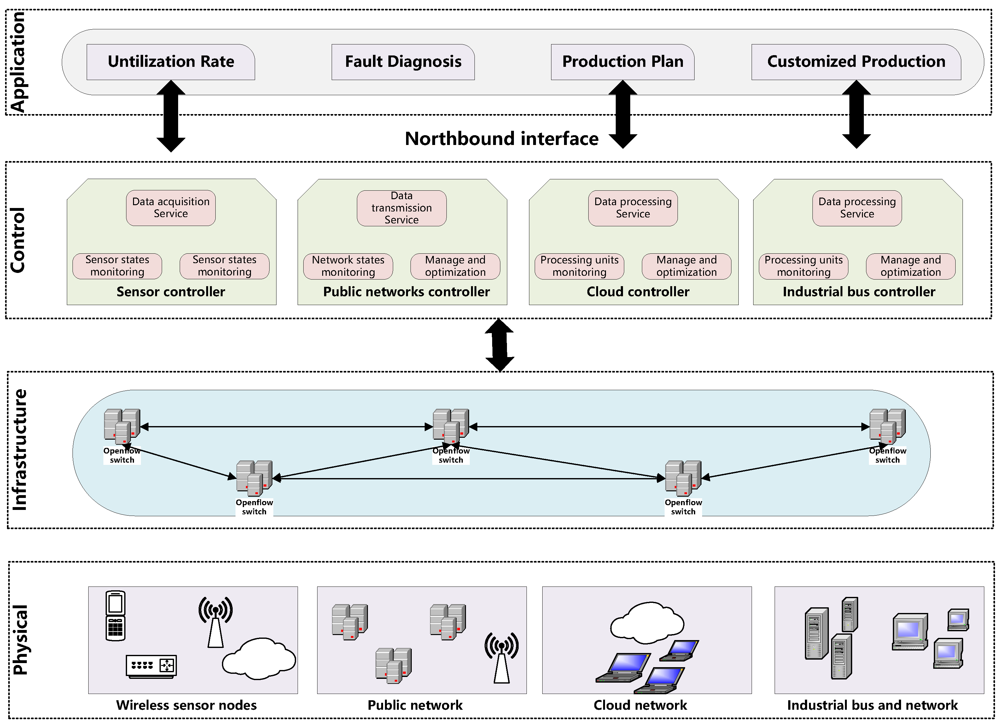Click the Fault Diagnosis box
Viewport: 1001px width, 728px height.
pyautogui.click(x=403, y=62)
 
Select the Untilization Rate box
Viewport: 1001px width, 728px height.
pyautogui.click(x=171, y=62)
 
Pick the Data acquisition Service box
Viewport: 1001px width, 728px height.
pyautogui.click(x=171, y=208)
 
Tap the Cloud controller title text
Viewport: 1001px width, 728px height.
pyautogui.click(x=638, y=292)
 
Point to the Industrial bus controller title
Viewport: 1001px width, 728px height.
pyautogui.click(x=858, y=292)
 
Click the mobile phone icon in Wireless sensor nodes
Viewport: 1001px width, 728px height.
pyautogui.click(x=116, y=615)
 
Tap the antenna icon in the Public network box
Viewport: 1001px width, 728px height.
pyautogui.click(x=501, y=657)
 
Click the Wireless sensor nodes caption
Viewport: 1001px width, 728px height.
pyautogui.click(x=186, y=705)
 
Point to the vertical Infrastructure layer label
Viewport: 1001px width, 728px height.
pyautogui.click(x=20, y=450)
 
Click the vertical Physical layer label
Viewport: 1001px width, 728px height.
pyautogui.click(x=20, y=640)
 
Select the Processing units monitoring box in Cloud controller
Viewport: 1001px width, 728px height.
pyautogui.click(x=579, y=266)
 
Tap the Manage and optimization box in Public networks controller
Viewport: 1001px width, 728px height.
pyautogui.click(x=455, y=266)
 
